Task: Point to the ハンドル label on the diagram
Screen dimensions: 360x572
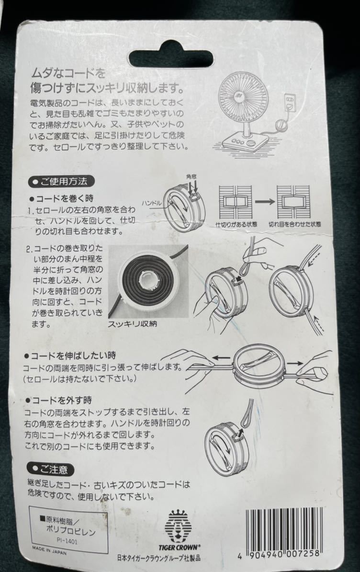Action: (x=152, y=202)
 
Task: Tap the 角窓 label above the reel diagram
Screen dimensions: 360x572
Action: (x=191, y=177)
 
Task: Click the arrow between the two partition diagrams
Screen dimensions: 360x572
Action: (x=265, y=201)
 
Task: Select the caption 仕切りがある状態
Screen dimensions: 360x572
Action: (x=236, y=224)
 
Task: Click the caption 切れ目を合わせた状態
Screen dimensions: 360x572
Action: (x=295, y=224)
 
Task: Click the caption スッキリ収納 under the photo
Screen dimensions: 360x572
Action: (x=132, y=324)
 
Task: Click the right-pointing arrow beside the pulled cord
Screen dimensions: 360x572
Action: (x=294, y=363)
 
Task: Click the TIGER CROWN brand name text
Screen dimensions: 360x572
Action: (x=179, y=547)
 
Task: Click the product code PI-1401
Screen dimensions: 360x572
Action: (x=67, y=541)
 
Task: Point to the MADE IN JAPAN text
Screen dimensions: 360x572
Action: (x=49, y=550)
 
